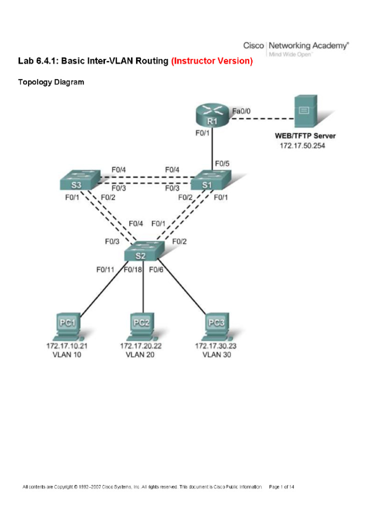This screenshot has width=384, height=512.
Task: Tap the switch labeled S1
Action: tap(210, 182)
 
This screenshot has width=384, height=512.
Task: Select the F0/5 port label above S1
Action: tap(222, 163)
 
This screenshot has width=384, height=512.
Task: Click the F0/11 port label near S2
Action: tap(105, 269)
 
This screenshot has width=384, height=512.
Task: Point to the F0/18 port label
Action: tap(133, 269)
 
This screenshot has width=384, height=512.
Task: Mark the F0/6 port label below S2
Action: tap(156, 269)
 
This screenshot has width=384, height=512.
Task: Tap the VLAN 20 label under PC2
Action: tap(141, 355)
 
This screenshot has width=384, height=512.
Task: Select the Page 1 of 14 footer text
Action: tap(281, 486)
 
